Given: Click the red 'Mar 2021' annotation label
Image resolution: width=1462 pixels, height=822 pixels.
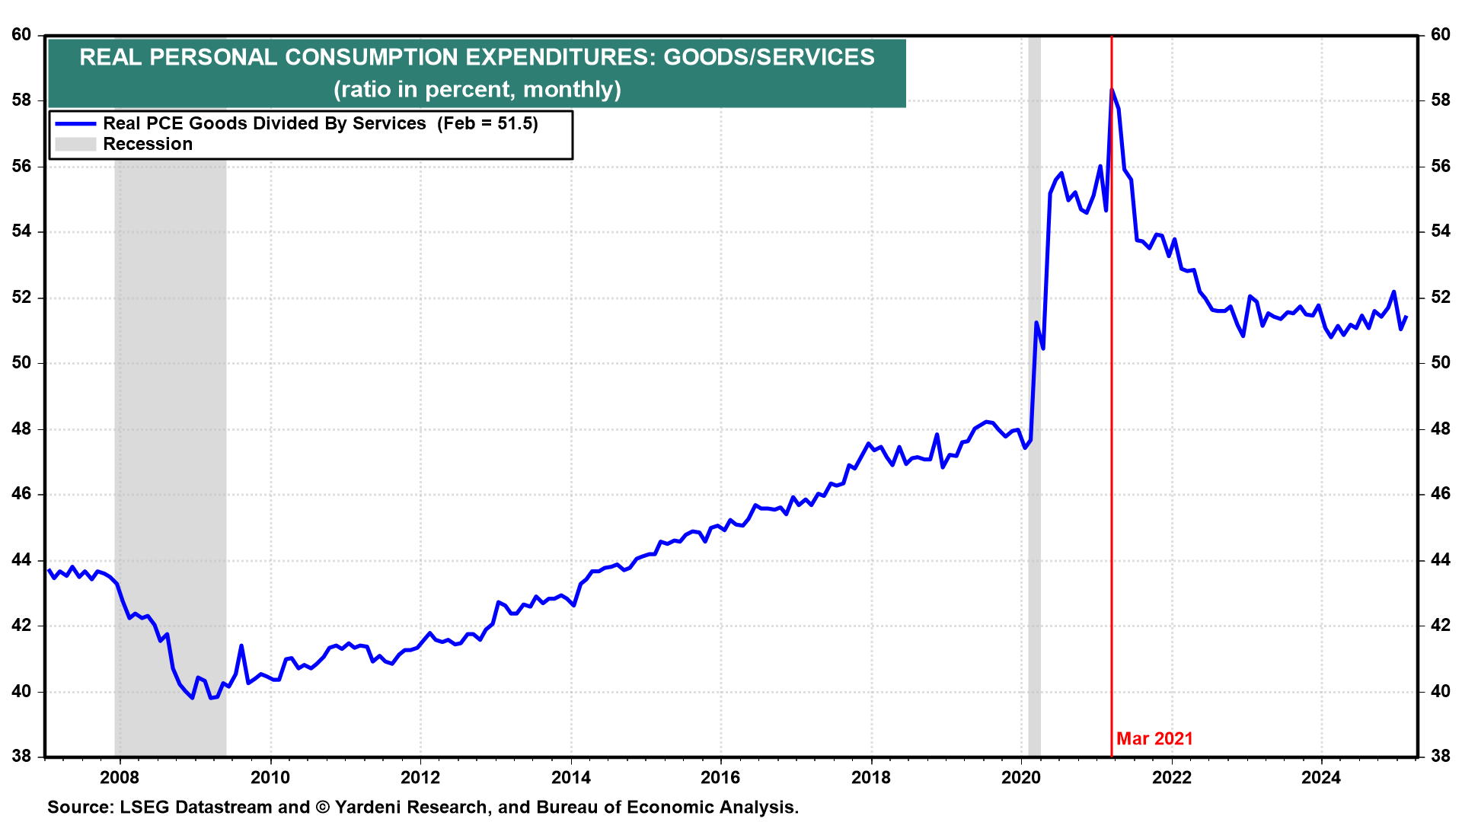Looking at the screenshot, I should (x=1154, y=738).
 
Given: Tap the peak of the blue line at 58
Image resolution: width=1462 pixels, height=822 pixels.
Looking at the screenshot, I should (x=1112, y=90).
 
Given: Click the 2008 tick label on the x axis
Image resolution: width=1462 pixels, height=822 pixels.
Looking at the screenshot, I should (x=120, y=777).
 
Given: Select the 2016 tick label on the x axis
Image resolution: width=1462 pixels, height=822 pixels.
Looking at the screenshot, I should (x=720, y=777).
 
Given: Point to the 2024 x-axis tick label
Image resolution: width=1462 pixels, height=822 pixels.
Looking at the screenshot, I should (x=1321, y=777).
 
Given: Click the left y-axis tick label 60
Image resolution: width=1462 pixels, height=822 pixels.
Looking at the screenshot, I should (x=21, y=35).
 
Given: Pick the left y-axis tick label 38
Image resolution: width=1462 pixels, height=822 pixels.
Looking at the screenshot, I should (x=21, y=757).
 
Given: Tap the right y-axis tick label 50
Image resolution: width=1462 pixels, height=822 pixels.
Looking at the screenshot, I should (x=1441, y=363).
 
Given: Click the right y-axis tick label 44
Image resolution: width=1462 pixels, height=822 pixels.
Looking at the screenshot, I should (x=1441, y=560).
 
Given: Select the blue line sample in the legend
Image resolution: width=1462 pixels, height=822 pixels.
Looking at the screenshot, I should (x=75, y=123).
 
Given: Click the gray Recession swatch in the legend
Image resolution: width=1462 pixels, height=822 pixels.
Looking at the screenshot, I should (x=75, y=144).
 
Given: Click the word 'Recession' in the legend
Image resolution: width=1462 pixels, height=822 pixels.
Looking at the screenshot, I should (x=148, y=144).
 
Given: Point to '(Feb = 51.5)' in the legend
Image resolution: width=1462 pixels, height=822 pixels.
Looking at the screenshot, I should (x=487, y=123).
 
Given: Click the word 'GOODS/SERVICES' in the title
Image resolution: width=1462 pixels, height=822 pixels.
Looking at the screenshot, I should (x=769, y=57).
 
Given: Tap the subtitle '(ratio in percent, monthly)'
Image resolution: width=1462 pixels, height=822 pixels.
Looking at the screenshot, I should (x=477, y=89).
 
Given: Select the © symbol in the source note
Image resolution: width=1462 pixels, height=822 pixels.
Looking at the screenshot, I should (x=322, y=807).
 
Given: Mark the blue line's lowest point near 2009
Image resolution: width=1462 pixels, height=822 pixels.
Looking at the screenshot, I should (x=193, y=697).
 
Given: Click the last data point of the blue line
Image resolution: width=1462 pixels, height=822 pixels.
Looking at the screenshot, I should (x=1406, y=317).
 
